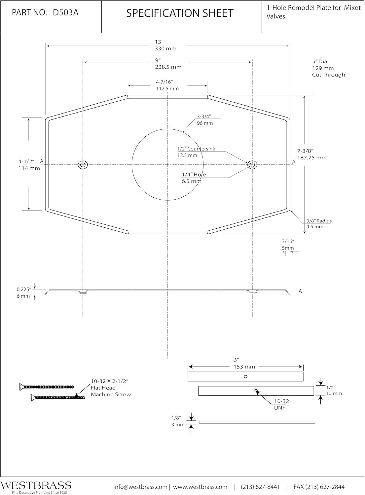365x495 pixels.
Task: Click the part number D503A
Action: (66, 13)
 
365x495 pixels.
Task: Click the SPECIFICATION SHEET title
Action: (180, 13)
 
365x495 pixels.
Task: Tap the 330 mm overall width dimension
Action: (165, 49)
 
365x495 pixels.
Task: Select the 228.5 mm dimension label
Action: (168, 67)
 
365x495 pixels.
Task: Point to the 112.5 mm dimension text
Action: (167, 89)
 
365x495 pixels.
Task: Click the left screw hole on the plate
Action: (83, 165)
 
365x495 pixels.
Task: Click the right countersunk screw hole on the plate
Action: (252, 165)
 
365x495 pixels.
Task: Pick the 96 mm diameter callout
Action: (205, 123)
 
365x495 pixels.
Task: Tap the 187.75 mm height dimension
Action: (312, 158)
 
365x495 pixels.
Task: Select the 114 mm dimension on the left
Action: (29, 168)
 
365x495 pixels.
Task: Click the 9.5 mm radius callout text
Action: (315, 227)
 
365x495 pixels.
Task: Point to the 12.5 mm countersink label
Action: (187, 155)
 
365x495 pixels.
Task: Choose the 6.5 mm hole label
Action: (192, 181)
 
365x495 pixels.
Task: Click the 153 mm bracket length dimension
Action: (244, 367)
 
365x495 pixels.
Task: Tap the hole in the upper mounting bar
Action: (245, 377)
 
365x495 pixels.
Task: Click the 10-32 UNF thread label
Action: (281, 404)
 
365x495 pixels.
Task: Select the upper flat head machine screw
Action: (47, 387)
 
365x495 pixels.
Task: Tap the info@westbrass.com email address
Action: (140, 487)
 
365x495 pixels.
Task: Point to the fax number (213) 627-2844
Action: (319, 487)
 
